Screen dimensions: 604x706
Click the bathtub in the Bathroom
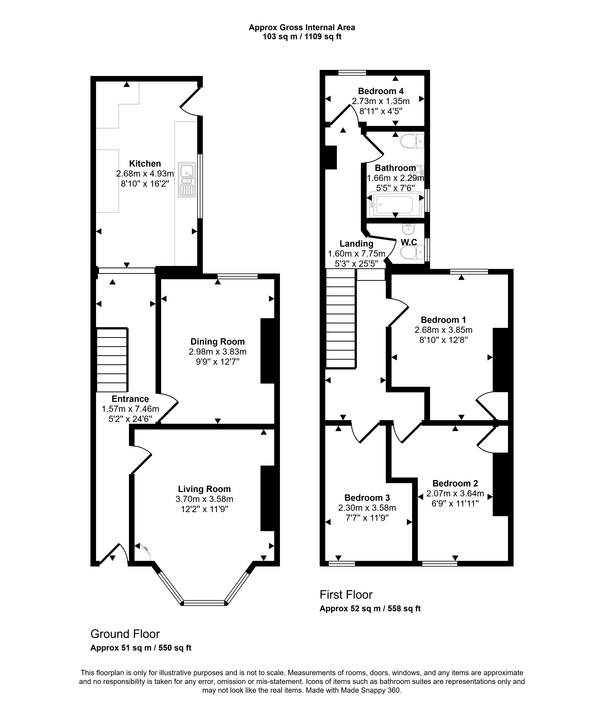coord(395,204)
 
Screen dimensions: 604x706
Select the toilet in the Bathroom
coord(412,141)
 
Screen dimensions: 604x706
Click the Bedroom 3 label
coord(367,498)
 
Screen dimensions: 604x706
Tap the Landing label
coord(356,244)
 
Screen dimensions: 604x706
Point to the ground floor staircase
coord(112,360)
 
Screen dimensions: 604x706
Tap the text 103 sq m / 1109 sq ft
coord(302,36)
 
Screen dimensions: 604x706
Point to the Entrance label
coord(130,399)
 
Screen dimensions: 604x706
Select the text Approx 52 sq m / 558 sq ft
coord(370,609)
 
